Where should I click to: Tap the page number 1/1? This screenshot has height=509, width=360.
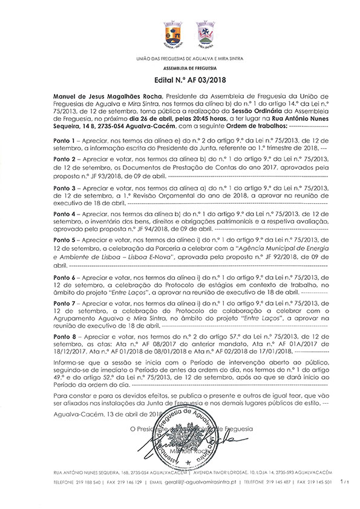[345, 482]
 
